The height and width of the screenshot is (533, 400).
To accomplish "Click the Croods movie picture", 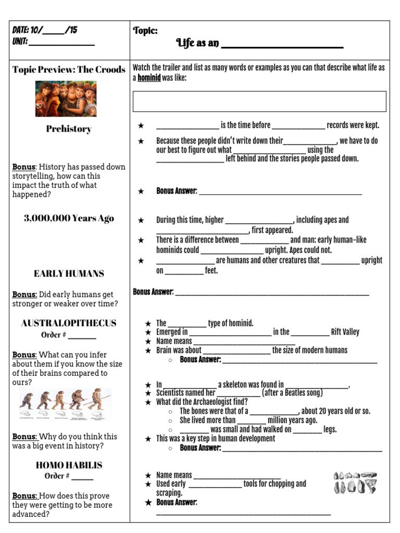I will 66,98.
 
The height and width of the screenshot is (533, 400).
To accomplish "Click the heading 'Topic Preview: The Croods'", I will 69,70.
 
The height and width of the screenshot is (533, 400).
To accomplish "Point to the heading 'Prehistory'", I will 68,129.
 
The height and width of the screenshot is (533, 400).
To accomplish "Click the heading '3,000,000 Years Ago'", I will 69,218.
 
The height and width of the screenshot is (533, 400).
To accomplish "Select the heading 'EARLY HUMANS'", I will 69,273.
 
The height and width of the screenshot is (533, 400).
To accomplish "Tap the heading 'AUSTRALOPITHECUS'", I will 69,323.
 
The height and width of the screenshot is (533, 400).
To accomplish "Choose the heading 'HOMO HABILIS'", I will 69,465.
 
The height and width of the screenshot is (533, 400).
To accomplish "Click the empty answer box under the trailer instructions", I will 259,101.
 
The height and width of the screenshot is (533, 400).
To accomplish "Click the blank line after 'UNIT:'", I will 61,44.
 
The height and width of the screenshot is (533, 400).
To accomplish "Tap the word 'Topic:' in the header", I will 145,31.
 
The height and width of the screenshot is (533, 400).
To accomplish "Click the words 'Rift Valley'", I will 345,332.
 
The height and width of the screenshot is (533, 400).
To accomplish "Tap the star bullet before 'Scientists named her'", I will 148,393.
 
